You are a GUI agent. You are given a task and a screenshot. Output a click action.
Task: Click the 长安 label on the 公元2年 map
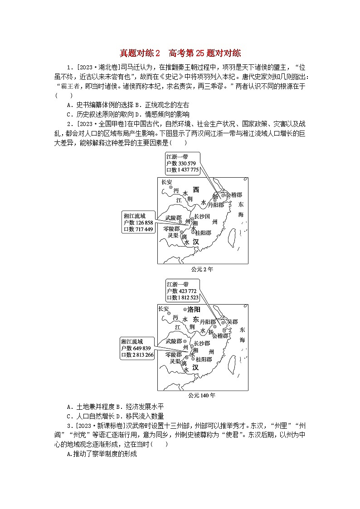[167, 182]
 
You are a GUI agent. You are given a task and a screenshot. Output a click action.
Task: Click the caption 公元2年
[202, 269]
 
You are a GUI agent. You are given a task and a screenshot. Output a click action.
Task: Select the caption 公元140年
[202, 395]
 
